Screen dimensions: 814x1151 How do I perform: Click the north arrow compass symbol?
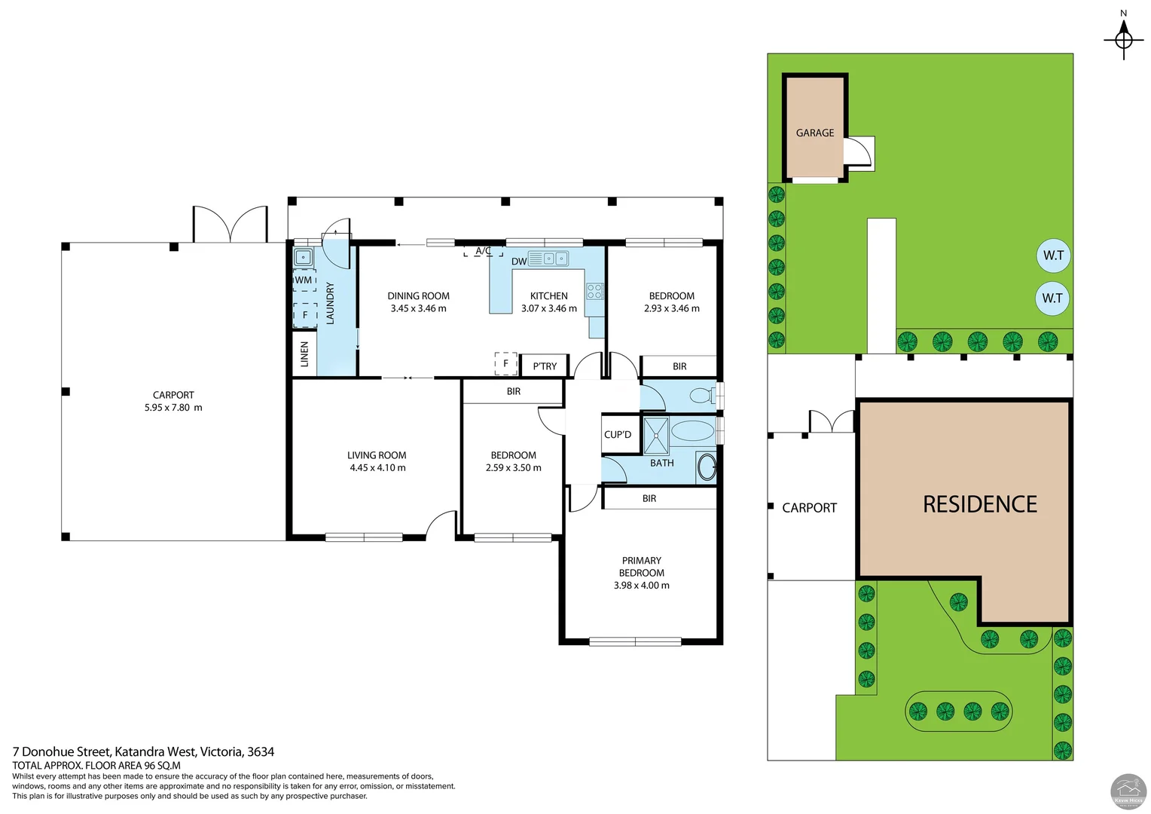1123,38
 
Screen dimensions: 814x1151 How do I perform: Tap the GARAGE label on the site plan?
814,133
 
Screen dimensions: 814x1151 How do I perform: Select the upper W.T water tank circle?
1053,256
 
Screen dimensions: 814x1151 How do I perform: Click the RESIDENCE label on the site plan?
979,504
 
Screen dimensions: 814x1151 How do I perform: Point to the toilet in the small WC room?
701,395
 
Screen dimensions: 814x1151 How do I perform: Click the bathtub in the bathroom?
692,431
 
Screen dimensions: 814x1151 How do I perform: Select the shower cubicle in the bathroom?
656,435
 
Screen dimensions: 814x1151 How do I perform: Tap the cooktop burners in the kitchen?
595,291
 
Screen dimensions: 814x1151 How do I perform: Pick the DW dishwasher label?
519,262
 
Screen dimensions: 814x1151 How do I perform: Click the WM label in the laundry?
304,280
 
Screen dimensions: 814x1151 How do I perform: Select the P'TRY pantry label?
545,366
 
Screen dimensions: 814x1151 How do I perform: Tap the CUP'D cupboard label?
618,435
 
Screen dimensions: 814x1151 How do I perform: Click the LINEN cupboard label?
304,353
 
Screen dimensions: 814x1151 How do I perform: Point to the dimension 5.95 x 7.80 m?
173,408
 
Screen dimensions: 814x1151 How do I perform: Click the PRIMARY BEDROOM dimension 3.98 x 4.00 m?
641,586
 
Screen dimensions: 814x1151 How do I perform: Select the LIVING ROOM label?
377,455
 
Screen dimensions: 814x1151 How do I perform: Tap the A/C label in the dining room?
483,251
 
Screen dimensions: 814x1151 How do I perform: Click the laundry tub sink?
303,257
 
